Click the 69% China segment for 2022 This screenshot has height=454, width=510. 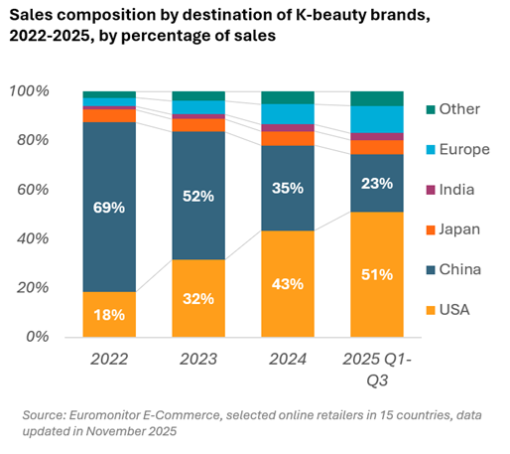[x=109, y=208]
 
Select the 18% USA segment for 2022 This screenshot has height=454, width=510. [x=109, y=314]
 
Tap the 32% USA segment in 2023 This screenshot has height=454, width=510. [x=198, y=298]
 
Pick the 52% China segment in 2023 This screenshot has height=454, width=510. [x=198, y=196]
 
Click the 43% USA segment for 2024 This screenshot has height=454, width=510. [x=288, y=284]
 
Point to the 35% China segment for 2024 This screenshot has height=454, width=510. [x=288, y=188]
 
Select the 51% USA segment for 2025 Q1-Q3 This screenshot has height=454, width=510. [x=377, y=274]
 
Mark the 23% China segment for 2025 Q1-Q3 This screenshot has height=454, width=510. [x=377, y=183]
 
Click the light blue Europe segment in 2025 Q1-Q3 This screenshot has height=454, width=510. [x=377, y=118]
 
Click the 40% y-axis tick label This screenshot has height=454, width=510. [x=33, y=238]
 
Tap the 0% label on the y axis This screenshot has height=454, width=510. [x=37, y=337]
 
